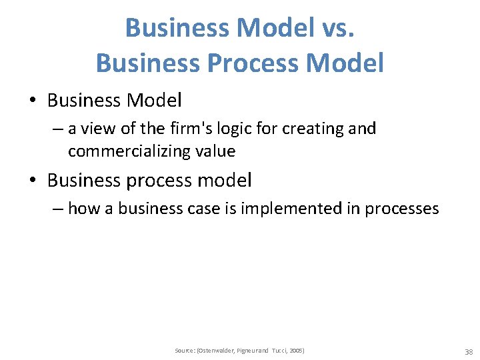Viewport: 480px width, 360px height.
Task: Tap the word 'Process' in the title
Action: pyautogui.click(x=245, y=63)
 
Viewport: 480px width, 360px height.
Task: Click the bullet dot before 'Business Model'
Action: pyautogui.click(x=33, y=101)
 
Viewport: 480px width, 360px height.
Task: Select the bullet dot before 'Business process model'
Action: pyautogui.click(x=33, y=181)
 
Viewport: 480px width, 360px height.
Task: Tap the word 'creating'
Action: pyautogui.click(x=313, y=128)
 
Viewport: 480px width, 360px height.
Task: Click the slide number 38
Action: pyautogui.click(x=468, y=351)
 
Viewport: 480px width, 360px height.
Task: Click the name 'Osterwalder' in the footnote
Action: pyautogui.click(x=212, y=351)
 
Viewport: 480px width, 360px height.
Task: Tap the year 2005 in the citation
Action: pyautogui.click(x=296, y=351)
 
